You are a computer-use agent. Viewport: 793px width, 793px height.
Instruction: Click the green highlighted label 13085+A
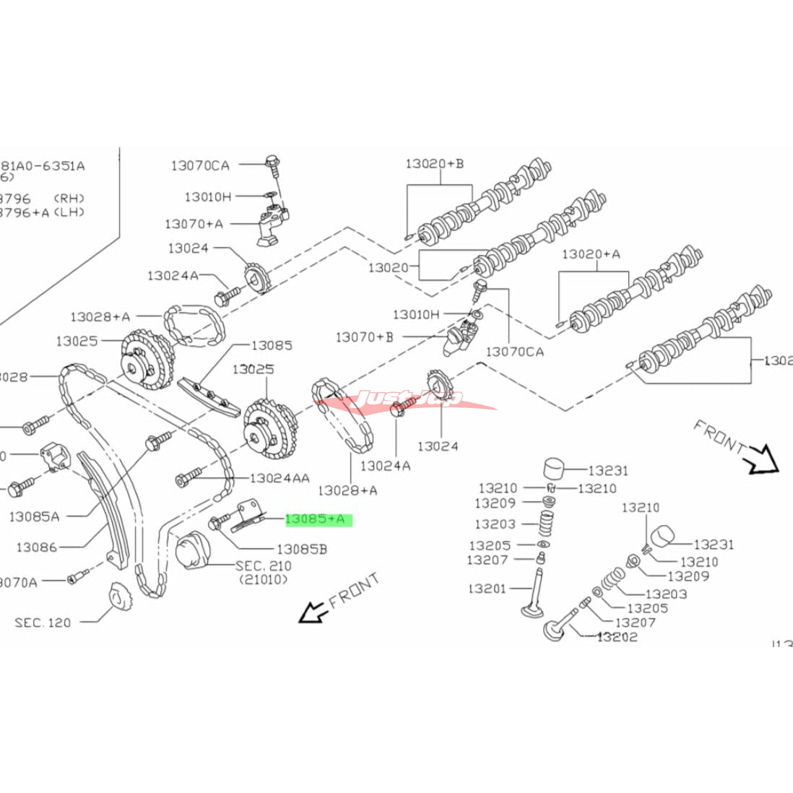click(318, 519)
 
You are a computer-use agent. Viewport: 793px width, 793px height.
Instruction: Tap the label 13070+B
click(365, 337)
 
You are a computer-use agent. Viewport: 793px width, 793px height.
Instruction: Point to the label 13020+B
click(434, 163)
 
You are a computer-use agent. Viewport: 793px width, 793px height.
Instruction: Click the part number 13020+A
click(591, 253)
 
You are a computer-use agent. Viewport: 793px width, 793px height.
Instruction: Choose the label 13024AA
click(279, 478)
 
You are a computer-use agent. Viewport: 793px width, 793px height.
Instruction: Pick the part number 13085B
click(302, 549)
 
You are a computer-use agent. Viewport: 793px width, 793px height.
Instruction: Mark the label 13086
click(36, 547)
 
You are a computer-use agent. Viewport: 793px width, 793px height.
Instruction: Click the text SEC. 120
click(43, 622)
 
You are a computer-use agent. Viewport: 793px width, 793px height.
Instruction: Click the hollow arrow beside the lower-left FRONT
click(311, 612)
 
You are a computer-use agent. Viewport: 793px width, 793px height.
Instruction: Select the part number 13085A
click(34, 516)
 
